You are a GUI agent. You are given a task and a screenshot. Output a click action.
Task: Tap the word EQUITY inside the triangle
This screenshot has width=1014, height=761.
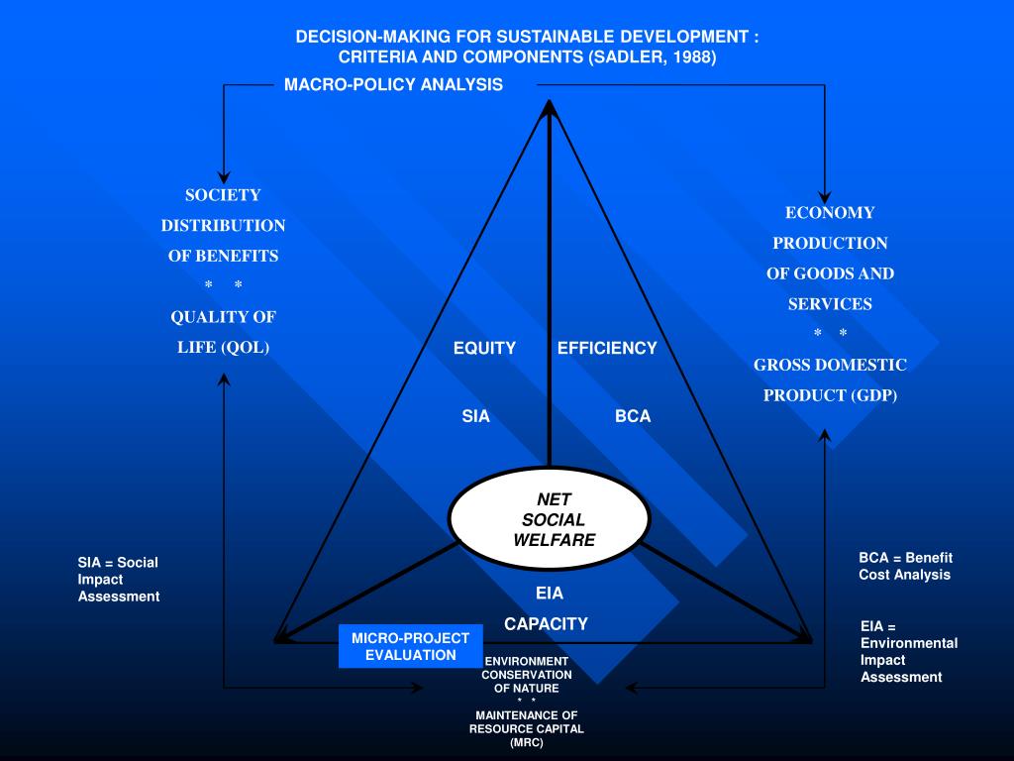484,348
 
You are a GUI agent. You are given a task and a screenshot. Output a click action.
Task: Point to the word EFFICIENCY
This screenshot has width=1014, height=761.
607,348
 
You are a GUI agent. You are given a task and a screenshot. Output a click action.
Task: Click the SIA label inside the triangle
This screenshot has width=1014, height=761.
475,416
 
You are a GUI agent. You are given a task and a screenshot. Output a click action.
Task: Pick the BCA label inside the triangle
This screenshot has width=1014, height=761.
633,416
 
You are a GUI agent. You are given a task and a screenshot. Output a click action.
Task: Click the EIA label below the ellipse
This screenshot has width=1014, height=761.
549,594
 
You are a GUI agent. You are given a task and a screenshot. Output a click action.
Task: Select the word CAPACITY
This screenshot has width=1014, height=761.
546,624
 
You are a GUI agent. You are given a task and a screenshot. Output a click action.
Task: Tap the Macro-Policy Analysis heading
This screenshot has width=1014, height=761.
393,84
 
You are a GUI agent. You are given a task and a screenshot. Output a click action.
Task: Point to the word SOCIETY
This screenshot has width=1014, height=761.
223,195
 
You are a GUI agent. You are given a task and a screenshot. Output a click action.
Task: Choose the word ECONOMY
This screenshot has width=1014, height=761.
830,212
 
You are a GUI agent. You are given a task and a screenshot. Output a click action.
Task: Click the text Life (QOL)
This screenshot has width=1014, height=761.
223,347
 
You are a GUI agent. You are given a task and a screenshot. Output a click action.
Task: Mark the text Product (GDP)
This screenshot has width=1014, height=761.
830,395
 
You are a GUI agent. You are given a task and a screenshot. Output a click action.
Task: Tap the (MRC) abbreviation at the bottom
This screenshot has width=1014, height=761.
527,742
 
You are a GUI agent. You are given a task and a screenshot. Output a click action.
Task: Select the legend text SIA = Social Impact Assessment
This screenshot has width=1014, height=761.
119,579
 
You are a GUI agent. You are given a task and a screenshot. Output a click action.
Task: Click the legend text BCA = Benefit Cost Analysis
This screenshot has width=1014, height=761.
905,566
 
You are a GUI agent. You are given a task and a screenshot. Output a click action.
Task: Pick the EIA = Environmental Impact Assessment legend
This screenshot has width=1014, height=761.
908,651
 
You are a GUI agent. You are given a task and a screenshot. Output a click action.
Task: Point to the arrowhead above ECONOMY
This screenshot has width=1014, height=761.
825,197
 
